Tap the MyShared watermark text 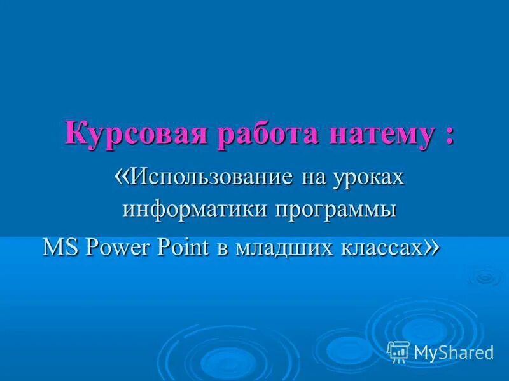(453, 352)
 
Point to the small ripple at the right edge (486, 277)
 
